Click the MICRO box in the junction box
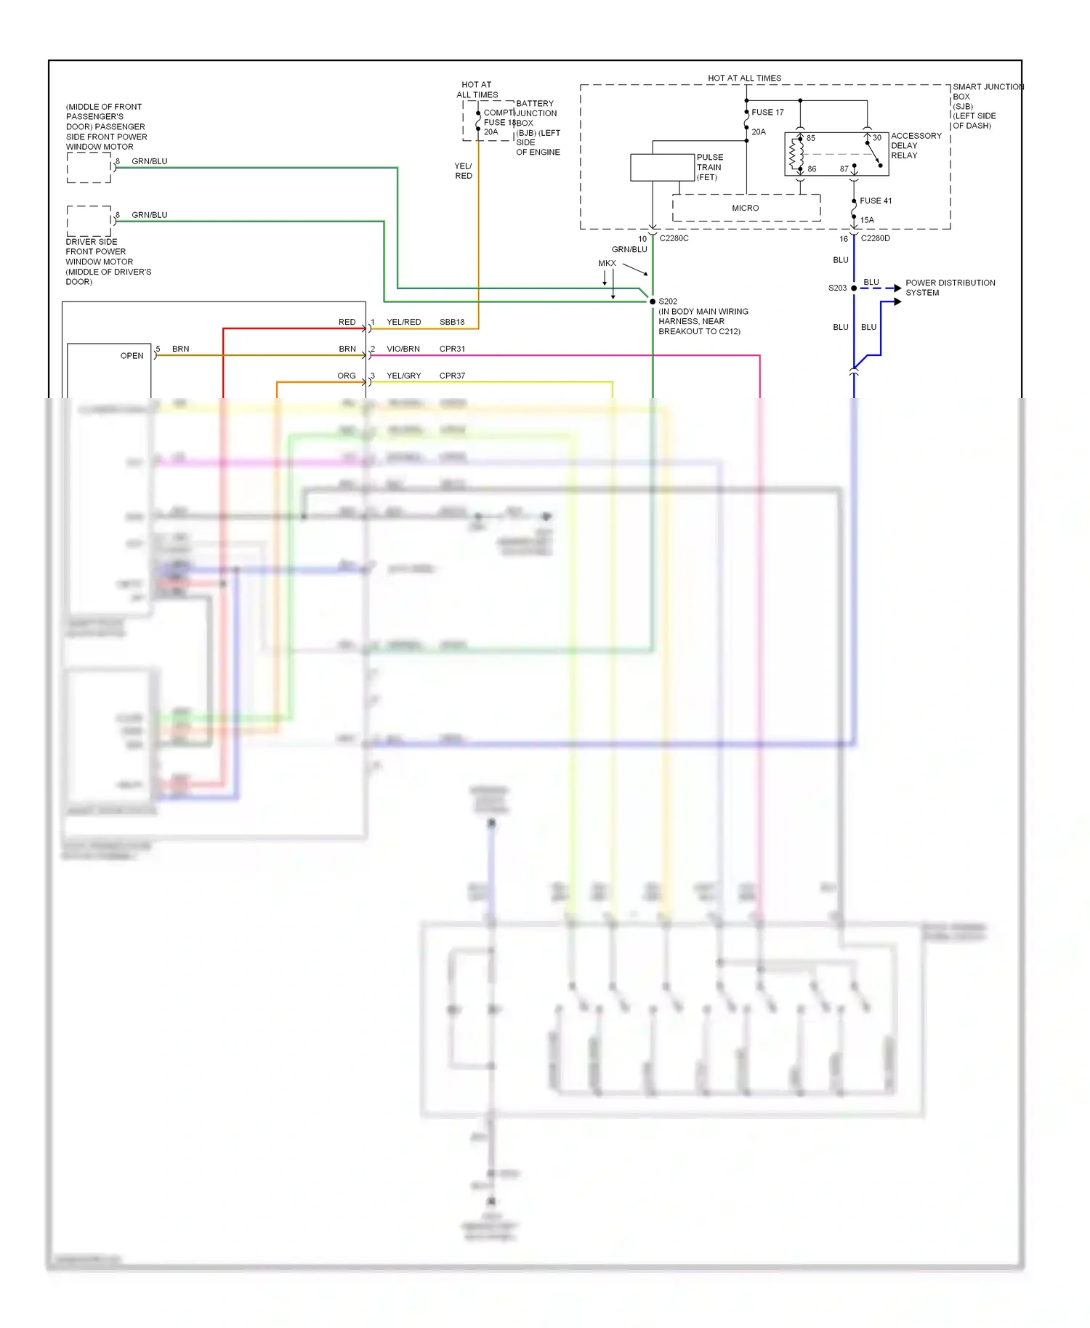tap(746, 208)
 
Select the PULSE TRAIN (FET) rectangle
tap(662, 167)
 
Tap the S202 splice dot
tap(653, 301)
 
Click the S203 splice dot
tap(854, 288)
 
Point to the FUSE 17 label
tap(767, 113)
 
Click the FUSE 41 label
tap(876, 201)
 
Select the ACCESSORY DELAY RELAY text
tap(915, 146)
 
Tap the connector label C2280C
tap(674, 238)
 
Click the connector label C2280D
tap(875, 238)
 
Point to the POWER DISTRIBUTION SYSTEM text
tap(949, 288)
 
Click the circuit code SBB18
tap(451, 322)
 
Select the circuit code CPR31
tap(451, 349)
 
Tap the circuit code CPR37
tap(451, 376)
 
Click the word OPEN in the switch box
tap(132, 356)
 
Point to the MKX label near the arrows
tap(607, 264)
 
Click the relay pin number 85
tap(811, 138)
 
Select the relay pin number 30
tap(877, 138)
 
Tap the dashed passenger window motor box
tap(89, 168)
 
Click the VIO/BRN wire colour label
tap(403, 349)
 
